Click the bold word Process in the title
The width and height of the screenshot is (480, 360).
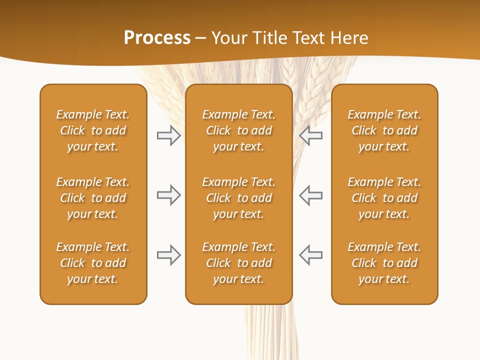click(x=157, y=38)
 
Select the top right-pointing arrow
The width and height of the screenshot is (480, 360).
click(x=168, y=135)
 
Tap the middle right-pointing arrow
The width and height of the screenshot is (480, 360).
click(x=168, y=195)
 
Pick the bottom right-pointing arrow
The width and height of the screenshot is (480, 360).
click(x=168, y=255)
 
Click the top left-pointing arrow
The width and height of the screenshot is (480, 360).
click(x=311, y=135)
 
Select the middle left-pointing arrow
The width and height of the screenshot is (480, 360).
click(x=311, y=195)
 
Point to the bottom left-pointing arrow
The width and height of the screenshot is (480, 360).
click(x=311, y=255)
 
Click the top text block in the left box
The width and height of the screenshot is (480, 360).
click(x=93, y=130)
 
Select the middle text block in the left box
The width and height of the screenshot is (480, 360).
click(x=93, y=198)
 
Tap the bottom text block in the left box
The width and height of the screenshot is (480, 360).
click(x=93, y=263)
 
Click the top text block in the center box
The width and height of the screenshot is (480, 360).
click(x=238, y=130)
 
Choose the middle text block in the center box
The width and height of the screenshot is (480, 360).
click(x=238, y=198)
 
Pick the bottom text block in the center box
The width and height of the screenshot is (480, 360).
click(x=238, y=263)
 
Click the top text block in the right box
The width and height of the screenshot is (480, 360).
click(x=384, y=130)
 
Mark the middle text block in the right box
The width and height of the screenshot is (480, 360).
click(x=384, y=198)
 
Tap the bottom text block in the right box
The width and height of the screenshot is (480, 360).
click(x=384, y=263)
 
